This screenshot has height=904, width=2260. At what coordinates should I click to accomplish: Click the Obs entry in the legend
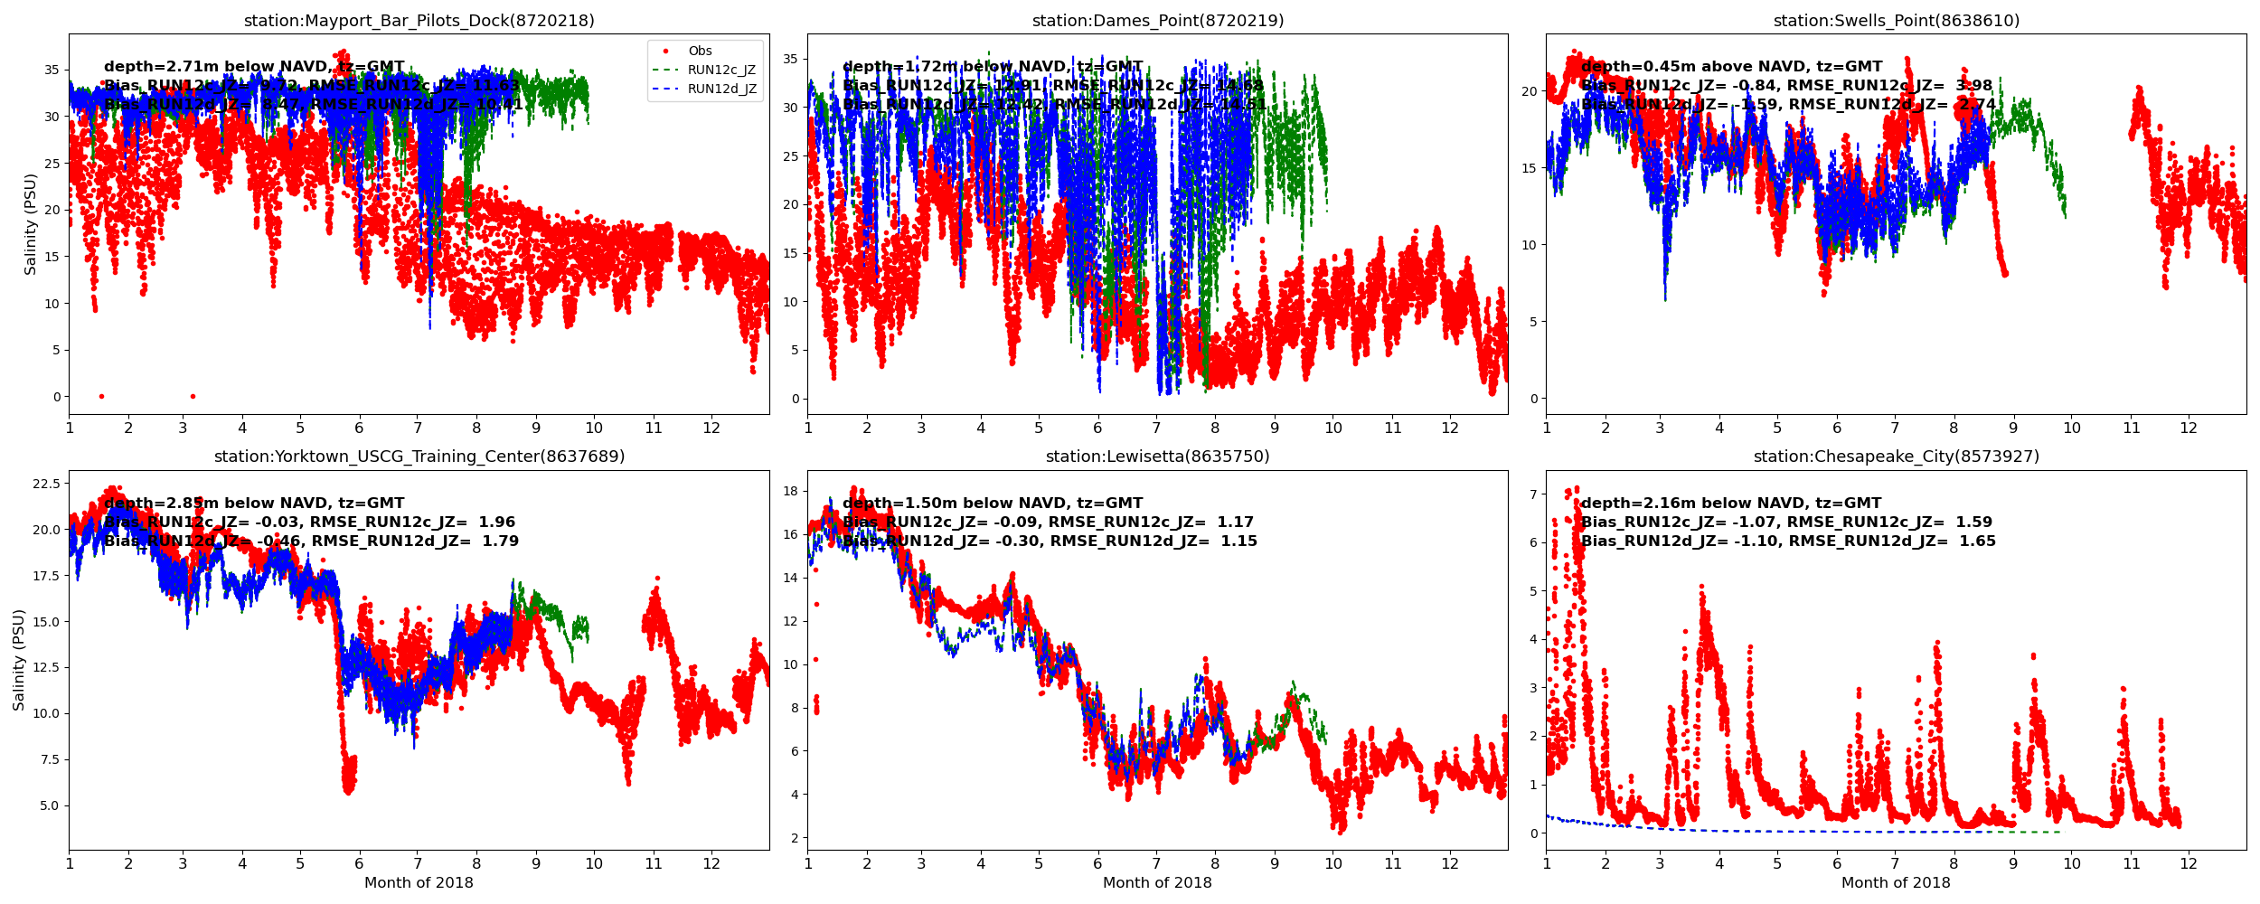[700, 52]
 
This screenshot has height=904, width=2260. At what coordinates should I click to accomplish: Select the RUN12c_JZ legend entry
[720, 71]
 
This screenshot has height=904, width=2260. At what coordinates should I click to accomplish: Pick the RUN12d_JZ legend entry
[720, 89]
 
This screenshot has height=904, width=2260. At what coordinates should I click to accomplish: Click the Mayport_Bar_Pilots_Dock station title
[419, 21]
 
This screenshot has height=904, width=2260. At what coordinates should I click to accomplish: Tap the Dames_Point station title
[1157, 21]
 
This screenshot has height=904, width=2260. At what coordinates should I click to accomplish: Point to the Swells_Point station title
[1896, 21]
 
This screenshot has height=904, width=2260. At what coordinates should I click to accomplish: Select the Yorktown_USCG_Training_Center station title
[419, 457]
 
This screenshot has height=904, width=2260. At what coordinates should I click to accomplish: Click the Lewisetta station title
[1157, 457]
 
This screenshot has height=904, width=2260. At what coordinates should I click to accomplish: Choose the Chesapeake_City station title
[1896, 457]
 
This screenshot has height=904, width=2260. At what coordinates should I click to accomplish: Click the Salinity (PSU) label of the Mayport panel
[31, 224]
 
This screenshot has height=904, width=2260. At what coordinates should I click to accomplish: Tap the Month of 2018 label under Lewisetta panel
[1157, 883]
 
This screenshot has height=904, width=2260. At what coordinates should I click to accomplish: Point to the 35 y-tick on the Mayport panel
[52, 71]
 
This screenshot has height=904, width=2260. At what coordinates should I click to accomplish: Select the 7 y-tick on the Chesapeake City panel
[1533, 494]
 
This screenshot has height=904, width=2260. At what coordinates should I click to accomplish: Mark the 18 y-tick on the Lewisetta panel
[790, 492]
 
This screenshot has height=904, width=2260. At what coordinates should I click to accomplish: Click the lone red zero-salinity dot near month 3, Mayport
[193, 396]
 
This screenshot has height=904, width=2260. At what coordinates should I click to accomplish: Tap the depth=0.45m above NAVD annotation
[1731, 67]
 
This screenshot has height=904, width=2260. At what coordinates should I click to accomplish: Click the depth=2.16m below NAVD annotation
[1730, 504]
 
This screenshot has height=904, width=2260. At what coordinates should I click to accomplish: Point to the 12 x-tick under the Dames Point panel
[1450, 428]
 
